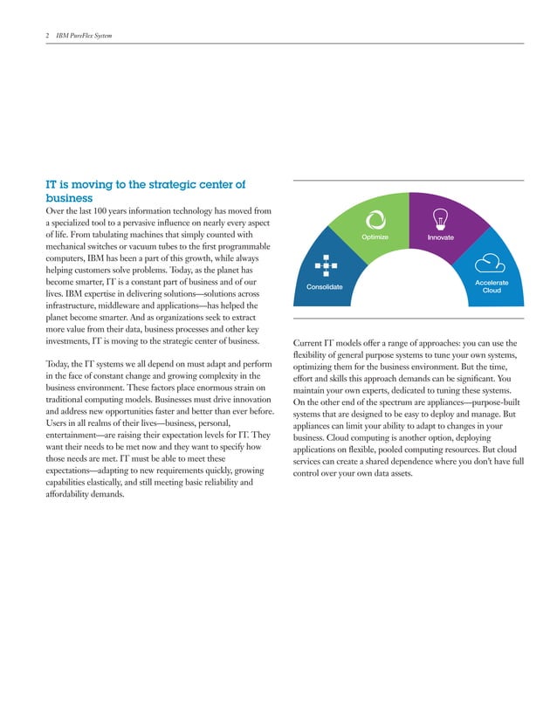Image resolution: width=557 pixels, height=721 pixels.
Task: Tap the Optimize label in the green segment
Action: pyautogui.click(x=374, y=237)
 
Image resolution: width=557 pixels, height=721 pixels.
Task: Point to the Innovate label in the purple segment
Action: pyautogui.click(x=440, y=237)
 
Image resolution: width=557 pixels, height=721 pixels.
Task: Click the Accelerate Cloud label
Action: pyautogui.click(x=492, y=286)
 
